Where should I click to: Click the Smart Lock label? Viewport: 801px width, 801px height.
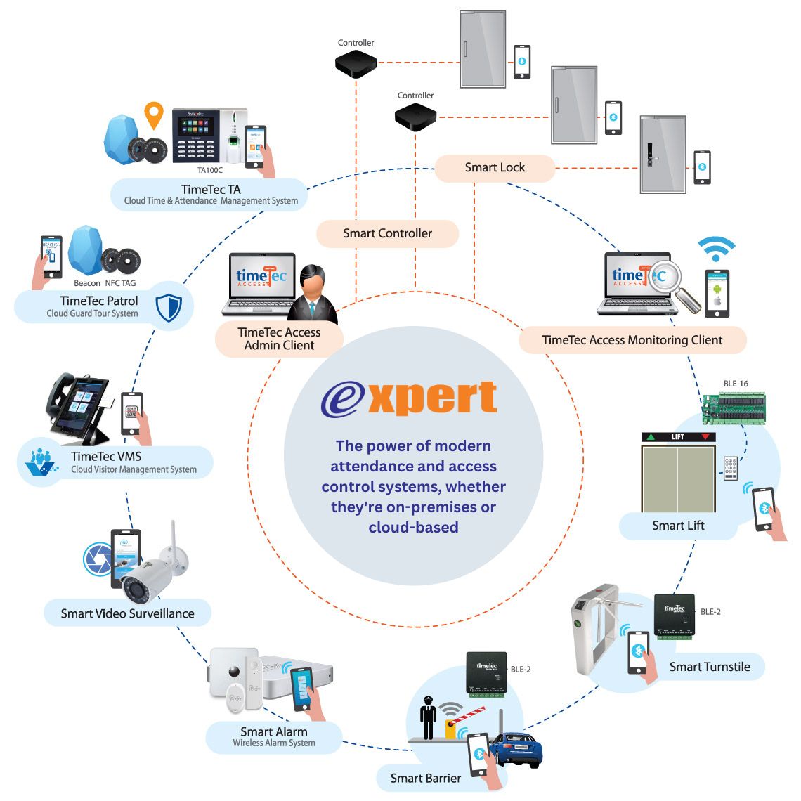[495, 167]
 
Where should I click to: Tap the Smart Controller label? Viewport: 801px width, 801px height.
[387, 233]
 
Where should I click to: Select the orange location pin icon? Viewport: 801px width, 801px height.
[153, 115]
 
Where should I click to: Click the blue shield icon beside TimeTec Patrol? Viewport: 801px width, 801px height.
[168, 308]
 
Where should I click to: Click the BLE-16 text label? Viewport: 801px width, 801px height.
[736, 384]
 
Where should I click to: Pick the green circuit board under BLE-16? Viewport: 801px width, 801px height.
[734, 407]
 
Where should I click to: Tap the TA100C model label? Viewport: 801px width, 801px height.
[209, 170]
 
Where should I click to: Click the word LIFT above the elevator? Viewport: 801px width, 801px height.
[677, 437]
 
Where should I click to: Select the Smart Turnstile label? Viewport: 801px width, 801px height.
[710, 667]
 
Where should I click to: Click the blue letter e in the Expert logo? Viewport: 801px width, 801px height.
[344, 400]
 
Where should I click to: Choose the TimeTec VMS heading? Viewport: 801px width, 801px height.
[106, 456]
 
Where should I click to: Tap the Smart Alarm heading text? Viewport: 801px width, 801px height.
[273, 731]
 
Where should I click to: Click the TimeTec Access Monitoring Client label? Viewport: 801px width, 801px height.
[632, 340]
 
